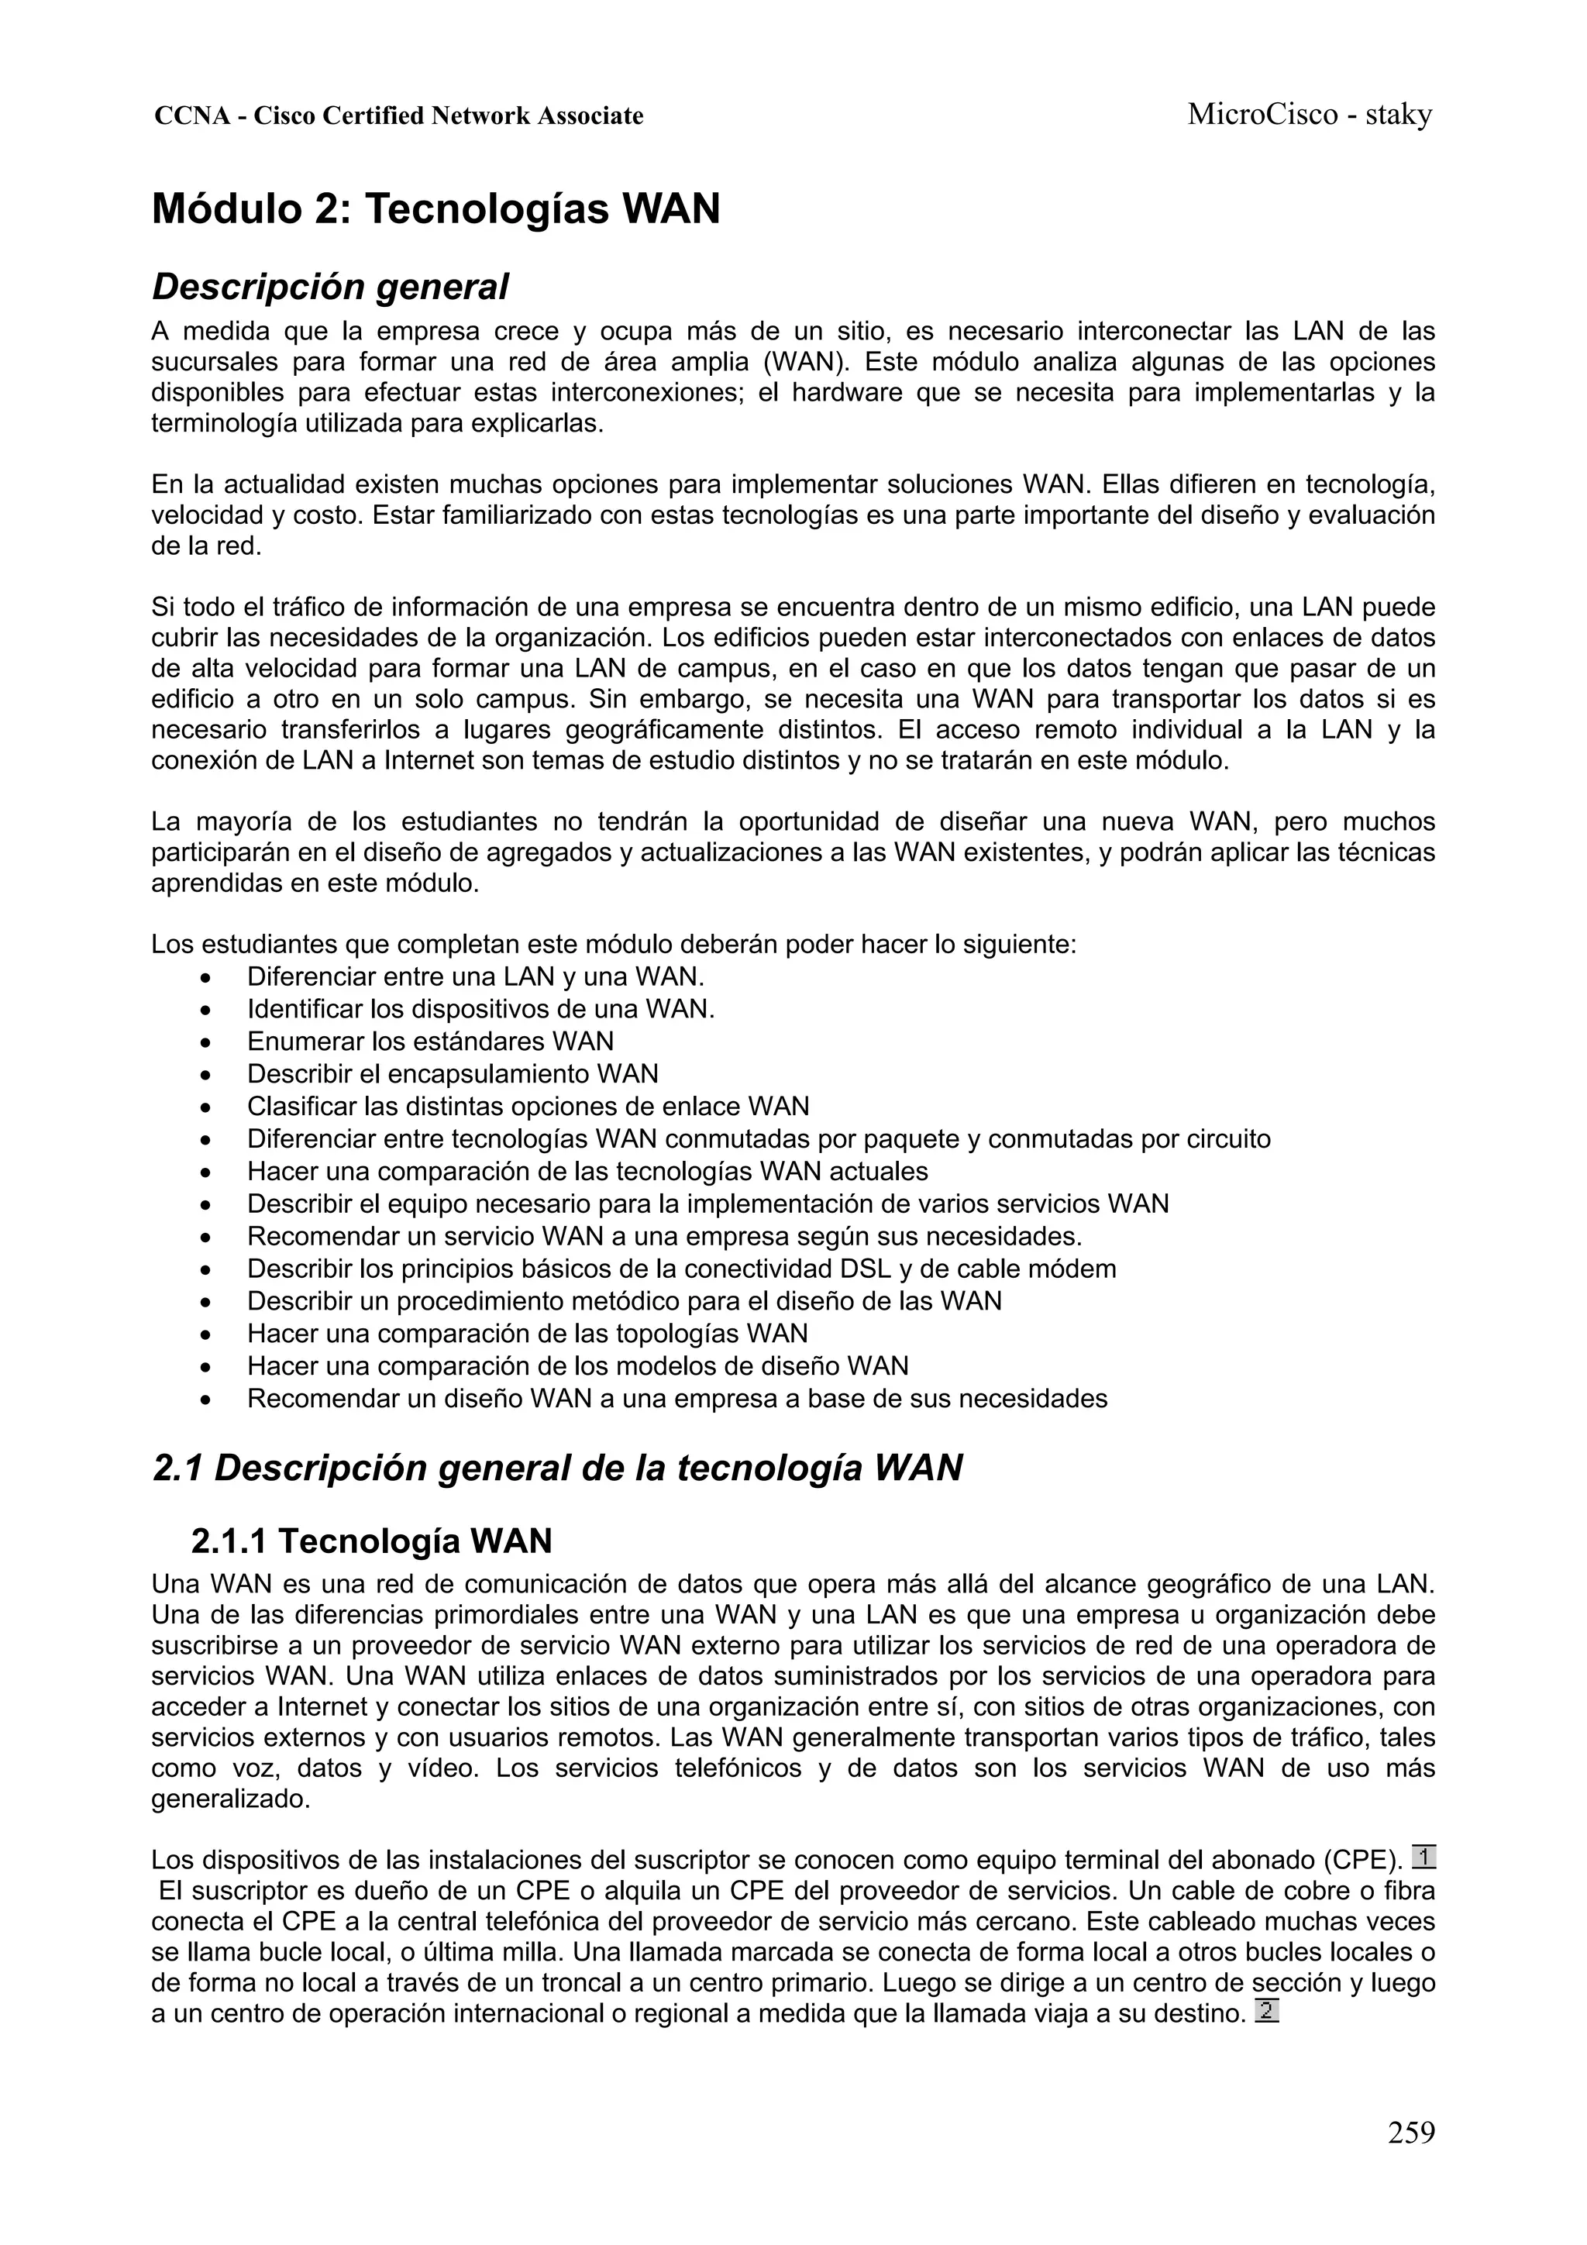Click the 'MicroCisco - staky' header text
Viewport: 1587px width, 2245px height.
(1310, 115)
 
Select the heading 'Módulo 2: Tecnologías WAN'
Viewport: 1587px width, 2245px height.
(436, 209)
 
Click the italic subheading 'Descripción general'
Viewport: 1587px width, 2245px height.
(331, 287)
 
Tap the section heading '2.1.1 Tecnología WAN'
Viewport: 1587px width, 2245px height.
(372, 1542)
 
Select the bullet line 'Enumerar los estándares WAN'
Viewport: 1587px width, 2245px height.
(430, 1042)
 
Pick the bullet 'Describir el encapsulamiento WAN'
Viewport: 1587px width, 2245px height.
(453, 1073)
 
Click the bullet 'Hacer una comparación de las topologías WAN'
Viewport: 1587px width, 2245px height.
(527, 1334)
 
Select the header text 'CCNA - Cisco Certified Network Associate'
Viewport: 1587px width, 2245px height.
(399, 116)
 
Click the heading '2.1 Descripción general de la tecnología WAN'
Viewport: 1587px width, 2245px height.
(557, 1468)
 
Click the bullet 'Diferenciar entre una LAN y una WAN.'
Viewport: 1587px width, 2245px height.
(475, 976)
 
